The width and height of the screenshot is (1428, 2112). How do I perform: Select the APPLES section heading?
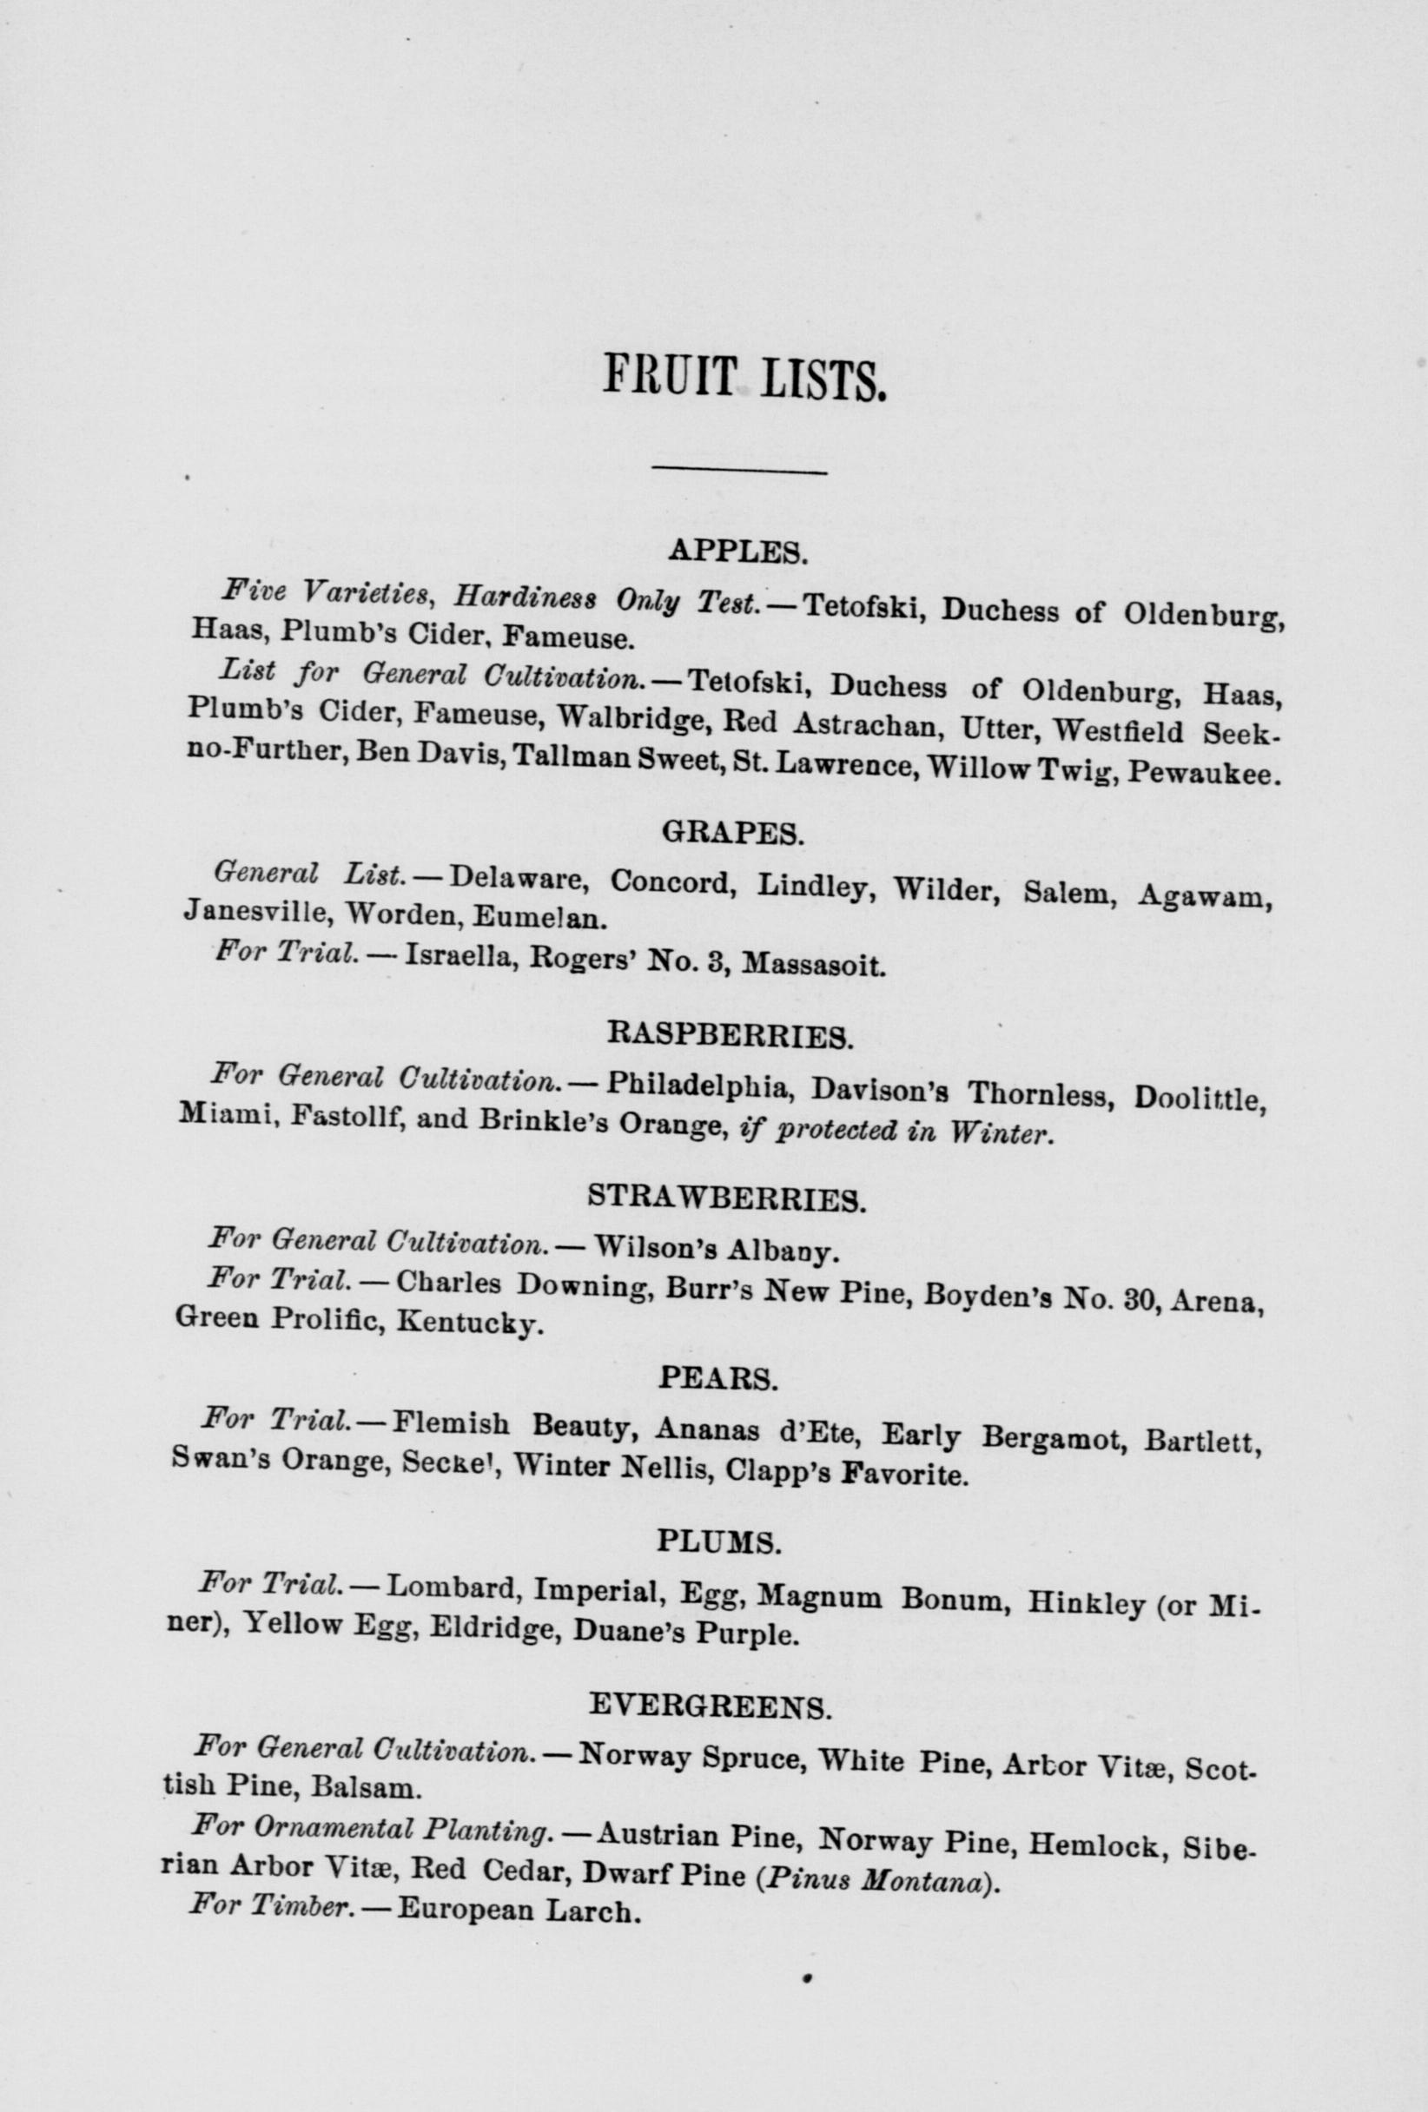pyautogui.click(x=737, y=552)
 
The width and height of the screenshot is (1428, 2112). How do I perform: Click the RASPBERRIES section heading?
pyautogui.click(x=728, y=1037)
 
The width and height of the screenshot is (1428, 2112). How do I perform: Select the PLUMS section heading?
pyautogui.click(x=717, y=1542)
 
